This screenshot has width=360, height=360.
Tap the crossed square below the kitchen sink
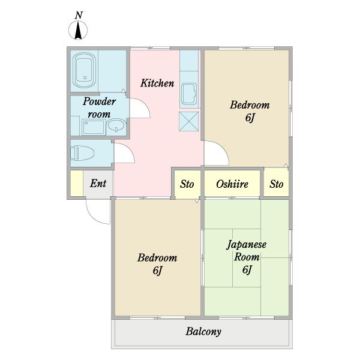coord(189,121)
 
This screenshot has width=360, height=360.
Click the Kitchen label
coord(157,83)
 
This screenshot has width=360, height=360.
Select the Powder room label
coord(99,108)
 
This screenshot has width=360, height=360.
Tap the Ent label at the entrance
coord(98,183)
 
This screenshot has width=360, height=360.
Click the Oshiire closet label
coord(232,184)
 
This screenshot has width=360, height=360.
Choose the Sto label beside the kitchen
coord(187,184)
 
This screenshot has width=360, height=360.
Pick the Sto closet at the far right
coord(276,184)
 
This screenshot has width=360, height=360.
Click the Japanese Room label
coord(247,251)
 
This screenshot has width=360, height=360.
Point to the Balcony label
coord(203,331)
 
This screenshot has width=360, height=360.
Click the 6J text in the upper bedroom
coord(250,118)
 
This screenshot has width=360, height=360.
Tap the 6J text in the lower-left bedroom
coord(157,271)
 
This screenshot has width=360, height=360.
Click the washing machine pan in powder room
coord(92,127)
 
